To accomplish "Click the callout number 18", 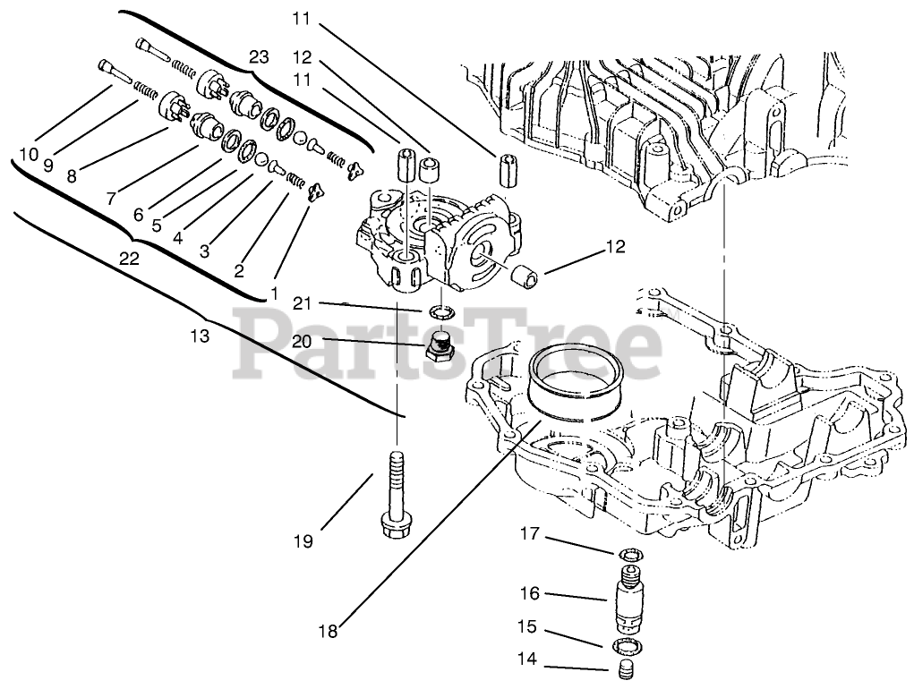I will click(x=328, y=631).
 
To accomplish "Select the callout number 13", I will click(x=200, y=336).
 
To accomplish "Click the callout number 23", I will click(x=259, y=56).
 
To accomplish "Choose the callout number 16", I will click(x=529, y=593).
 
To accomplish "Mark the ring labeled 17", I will click(x=631, y=557).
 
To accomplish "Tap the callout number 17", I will click(x=529, y=534).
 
